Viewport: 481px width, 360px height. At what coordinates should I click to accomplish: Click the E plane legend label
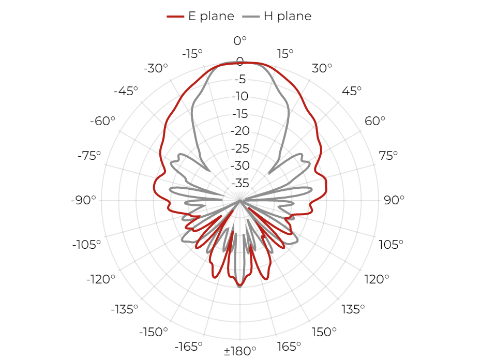coord(211,16)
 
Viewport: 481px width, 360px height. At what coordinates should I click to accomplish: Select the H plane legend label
coord(288,16)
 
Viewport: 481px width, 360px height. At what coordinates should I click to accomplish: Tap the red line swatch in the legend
coord(175,17)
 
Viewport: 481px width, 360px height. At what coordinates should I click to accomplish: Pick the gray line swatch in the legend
coord(251,17)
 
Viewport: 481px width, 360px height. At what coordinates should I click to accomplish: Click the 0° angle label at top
coord(240,41)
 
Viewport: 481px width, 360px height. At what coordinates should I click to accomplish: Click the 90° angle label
coord(394,200)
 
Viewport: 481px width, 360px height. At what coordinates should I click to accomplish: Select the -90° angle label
coord(83,200)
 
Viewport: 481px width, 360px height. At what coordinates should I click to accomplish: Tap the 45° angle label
coord(352,91)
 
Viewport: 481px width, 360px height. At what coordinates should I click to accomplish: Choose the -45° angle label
coord(126,91)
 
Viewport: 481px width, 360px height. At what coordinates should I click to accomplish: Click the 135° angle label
coord(353,309)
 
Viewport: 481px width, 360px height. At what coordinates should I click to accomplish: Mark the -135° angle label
coord(125,309)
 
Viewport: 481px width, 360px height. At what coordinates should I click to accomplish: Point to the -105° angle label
coord(86,245)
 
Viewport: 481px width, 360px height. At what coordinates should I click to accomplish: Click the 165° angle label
coord(289,347)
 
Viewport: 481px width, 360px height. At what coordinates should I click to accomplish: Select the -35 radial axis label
coord(240,183)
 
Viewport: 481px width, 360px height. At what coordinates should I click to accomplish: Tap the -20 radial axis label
coord(240,131)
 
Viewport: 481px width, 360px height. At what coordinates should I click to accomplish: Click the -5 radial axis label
coord(240,79)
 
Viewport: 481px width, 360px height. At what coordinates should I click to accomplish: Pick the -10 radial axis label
coord(240,96)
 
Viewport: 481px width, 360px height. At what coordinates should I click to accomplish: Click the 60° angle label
coord(375,121)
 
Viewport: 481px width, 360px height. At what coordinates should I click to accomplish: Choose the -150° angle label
coord(154,332)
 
